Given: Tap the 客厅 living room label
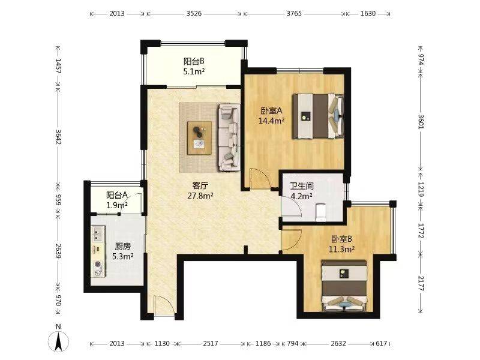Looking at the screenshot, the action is click(x=200, y=186).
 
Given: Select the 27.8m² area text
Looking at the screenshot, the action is click(x=200, y=196).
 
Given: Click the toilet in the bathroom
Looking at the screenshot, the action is click(x=320, y=212).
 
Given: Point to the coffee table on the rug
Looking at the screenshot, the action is click(x=200, y=138).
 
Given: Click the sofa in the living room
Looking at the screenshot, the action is click(x=229, y=137).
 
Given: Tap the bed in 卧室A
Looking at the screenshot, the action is click(x=318, y=116).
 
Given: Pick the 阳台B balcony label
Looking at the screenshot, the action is click(x=194, y=61).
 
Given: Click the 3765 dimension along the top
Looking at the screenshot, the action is click(x=294, y=13).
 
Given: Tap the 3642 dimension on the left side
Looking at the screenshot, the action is click(x=58, y=137).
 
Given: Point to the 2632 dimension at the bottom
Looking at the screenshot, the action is click(x=338, y=343).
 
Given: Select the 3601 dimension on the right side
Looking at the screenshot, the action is click(x=421, y=122).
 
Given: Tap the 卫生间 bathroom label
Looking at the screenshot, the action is click(x=302, y=186).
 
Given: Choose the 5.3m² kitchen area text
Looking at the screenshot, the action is click(x=123, y=256).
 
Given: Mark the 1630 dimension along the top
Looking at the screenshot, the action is click(x=368, y=13).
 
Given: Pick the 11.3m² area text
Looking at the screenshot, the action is click(x=341, y=249).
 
